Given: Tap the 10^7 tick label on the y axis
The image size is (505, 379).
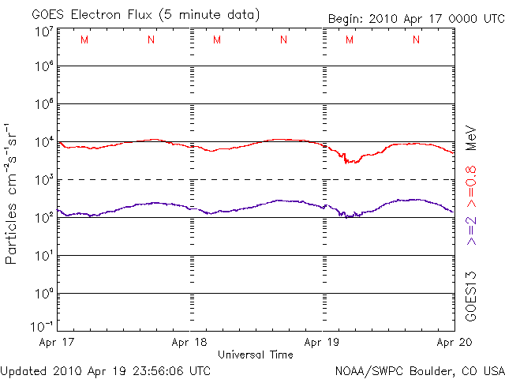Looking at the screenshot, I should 44,32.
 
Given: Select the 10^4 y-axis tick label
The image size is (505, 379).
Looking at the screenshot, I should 44,142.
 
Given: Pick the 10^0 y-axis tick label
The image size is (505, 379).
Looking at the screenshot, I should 44,294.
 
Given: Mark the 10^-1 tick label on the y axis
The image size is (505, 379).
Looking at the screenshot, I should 44,326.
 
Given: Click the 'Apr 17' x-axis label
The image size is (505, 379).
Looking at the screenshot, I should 57,342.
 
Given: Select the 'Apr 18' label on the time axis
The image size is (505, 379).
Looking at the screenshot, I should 190,342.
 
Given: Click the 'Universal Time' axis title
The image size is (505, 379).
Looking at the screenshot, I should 256,355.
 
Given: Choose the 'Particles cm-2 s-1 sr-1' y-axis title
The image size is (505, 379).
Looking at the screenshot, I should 13,193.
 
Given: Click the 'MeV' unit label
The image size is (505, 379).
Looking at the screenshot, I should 471,136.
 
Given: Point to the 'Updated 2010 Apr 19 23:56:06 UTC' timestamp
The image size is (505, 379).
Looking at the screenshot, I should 106,370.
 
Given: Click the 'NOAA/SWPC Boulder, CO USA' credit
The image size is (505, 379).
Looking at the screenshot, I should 420,370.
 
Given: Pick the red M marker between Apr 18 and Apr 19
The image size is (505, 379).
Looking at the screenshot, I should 216,40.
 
